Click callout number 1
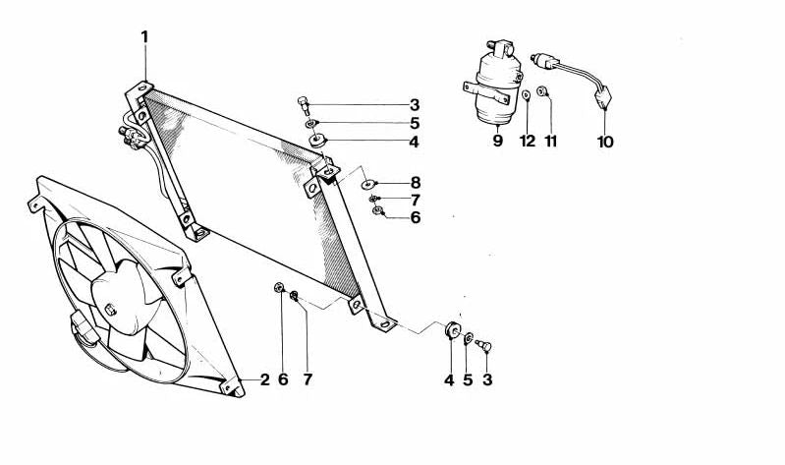[x=144, y=37]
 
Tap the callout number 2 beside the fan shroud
[x=265, y=379]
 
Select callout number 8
[x=415, y=183]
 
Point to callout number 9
[x=497, y=141]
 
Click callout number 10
[x=605, y=142]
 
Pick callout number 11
[x=551, y=142]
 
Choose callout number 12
[x=528, y=142]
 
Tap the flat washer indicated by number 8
[x=368, y=184]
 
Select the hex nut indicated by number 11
[x=542, y=91]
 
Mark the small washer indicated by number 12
[x=527, y=94]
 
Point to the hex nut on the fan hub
[x=110, y=310]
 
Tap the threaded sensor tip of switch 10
[x=534, y=58]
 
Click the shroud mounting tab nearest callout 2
[x=232, y=387]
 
